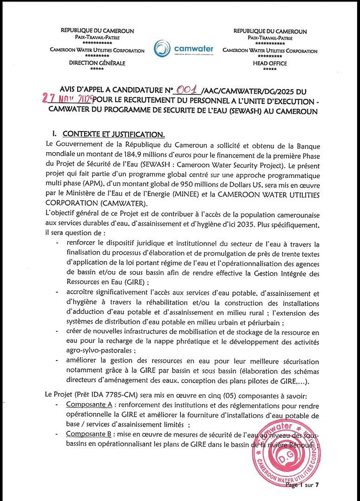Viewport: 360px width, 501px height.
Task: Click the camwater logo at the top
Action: point(183,49)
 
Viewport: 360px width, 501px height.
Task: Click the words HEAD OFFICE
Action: point(270,64)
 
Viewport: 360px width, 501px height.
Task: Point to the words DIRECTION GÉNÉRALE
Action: point(97,63)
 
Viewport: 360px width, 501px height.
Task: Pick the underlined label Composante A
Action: point(90,406)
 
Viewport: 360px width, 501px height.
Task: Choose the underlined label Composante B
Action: point(90,434)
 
